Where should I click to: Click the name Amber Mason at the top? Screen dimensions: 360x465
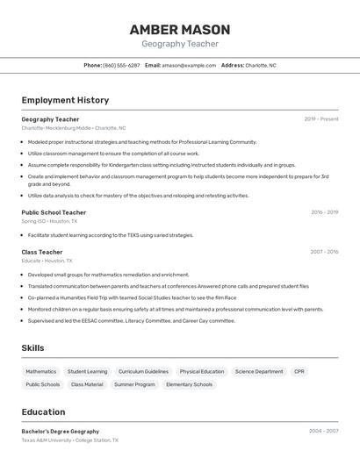pyautogui.click(x=180, y=30)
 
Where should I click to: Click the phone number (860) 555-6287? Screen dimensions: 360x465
pyautogui.click(x=121, y=65)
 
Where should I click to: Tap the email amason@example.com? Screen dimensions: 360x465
pyautogui.click(x=189, y=65)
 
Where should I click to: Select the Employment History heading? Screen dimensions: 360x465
pyautogui.click(x=65, y=100)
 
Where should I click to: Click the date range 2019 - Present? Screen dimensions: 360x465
pyautogui.click(x=321, y=119)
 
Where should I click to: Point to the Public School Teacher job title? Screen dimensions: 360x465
pyautogui.click(x=54, y=212)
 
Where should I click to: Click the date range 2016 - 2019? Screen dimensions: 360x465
pyautogui.click(x=324, y=212)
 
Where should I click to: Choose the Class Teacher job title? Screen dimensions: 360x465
pyautogui.click(x=42, y=252)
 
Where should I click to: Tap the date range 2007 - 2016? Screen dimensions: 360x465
pyautogui.click(x=324, y=252)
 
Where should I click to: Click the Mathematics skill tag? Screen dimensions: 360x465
pyautogui.click(x=40, y=371)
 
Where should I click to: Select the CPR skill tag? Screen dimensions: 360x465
pyautogui.click(x=299, y=371)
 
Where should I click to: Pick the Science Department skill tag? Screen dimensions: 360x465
pyautogui.click(x=259, y=371)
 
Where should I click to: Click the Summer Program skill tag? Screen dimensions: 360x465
pyautogui.click(x=134, y=384)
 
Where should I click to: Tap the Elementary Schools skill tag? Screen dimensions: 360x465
pyautogui.click(x=190, y=384)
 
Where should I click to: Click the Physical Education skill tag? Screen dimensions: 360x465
pyautogui.click(x=202, y=371)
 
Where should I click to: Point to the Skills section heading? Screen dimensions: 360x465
pyautogui.click(x=32, y=348)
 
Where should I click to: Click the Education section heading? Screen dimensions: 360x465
pyautogui.click(x=43, y=412)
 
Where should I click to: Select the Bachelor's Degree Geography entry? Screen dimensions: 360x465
pyautogui.click(x=60, y=432)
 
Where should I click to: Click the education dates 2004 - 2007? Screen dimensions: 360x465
pyautogui.click(x=323, y=432)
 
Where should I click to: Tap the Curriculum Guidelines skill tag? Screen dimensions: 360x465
pyautogui.click(x=143, y=371)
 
